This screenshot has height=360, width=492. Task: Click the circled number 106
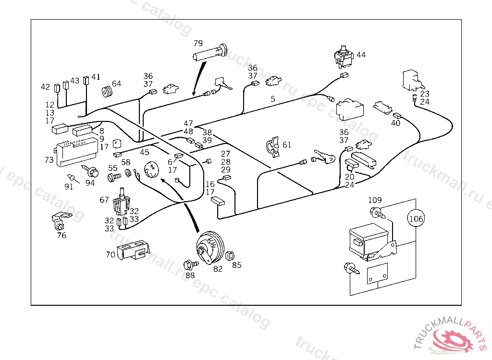point(416,219)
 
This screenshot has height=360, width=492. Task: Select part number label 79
point(199,43)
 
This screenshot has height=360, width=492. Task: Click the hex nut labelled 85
point(230,255)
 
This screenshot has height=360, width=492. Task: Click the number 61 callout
point(287,144)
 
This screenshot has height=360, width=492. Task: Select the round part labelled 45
point(151,169)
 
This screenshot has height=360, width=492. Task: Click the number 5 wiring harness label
point(273,99)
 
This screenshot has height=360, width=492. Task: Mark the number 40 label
point(395,123)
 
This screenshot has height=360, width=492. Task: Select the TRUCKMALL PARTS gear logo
point(453,339)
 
